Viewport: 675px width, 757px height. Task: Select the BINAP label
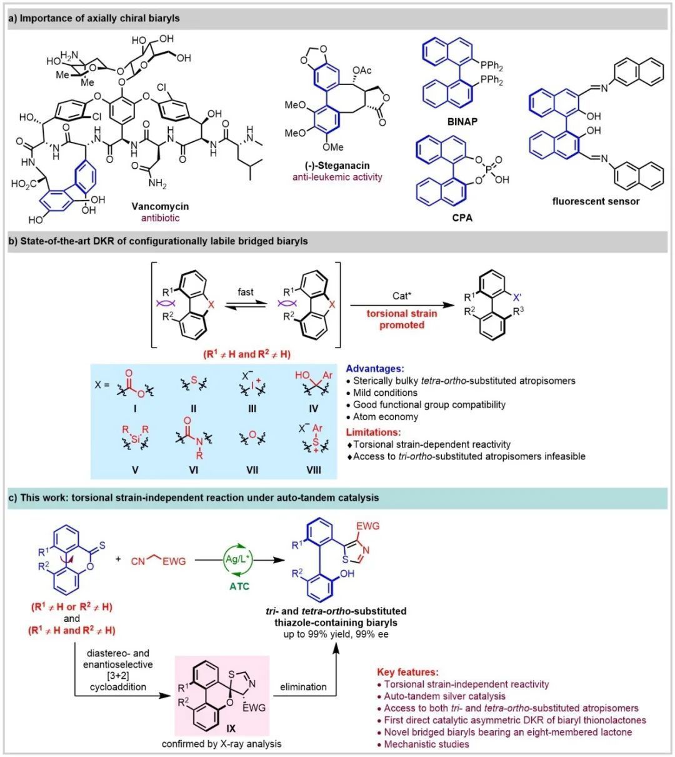[460, 122]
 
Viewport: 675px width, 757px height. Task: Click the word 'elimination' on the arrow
[302, 686]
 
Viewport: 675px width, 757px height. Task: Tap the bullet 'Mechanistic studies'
[426, 744]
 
